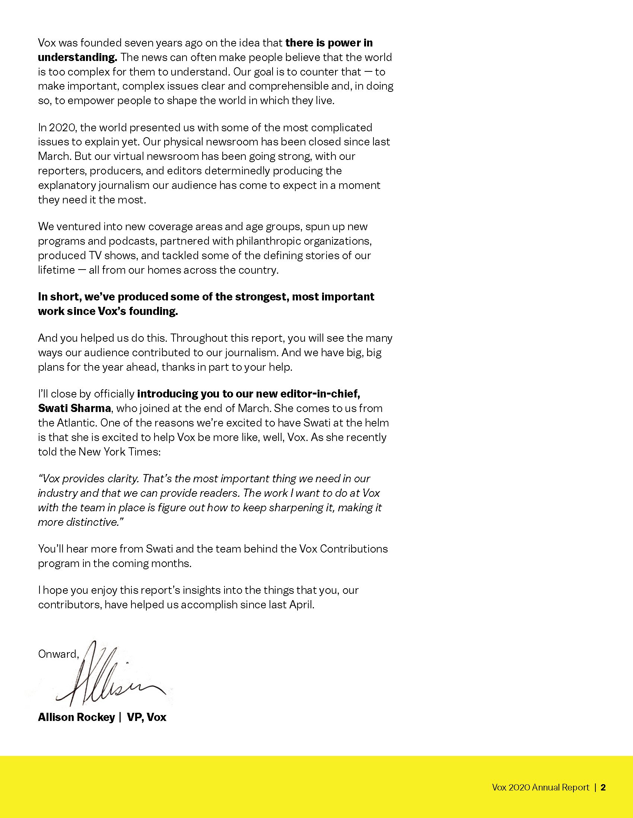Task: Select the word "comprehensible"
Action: pyautogui.click(x=289, y=86)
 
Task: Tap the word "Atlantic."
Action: pyautogui.click(x=77, y=423)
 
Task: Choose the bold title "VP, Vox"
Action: pyautogui.click(x=147, y=717)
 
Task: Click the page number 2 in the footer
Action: pyautogui.click(x=603, y=787)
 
